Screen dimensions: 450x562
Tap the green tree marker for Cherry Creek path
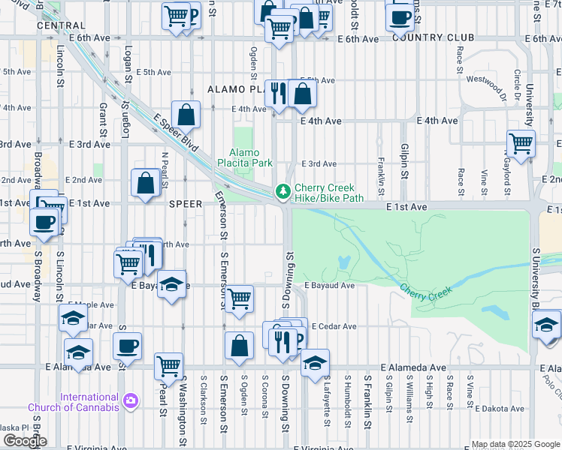coord(283,193)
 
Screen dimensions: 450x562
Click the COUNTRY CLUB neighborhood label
coord(433,37)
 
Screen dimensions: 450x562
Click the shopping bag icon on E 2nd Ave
coord(144,182)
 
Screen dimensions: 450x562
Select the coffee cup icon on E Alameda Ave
coord(127,346)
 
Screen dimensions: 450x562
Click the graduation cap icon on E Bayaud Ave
coord(172,283)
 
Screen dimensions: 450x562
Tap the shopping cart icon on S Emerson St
coord(239,298)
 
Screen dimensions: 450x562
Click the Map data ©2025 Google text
coord(515,444)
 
